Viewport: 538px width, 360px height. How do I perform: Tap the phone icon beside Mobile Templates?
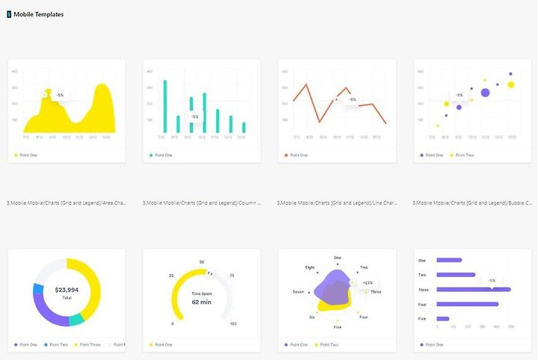(9, 14)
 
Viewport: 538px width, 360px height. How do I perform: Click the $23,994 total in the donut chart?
(67, 288)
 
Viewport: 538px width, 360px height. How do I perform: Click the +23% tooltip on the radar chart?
(368, 283)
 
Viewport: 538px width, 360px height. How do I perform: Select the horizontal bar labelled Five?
(443, 319)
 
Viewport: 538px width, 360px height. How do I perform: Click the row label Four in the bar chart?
(422, 304)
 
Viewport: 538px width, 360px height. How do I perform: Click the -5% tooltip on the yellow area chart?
(59, 95)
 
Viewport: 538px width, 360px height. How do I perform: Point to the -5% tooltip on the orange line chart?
(351, 99)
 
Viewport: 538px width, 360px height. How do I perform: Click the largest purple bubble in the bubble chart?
(485, 93)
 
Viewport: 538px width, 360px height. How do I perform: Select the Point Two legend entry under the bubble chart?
(463, 155)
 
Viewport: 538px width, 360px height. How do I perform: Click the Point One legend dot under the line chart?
(286, 155)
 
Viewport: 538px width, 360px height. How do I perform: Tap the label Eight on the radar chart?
(310, 267)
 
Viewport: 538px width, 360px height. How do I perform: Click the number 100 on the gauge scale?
(233, 323)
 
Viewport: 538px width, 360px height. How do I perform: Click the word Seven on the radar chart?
(298, 291)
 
